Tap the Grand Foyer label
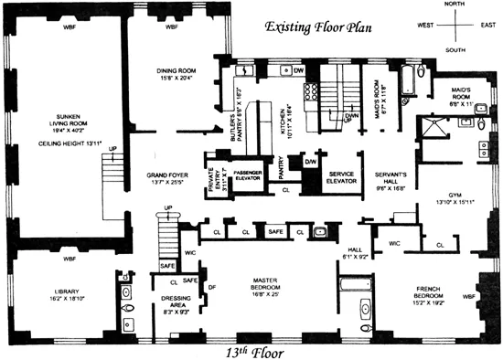click(x=166, y=175)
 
